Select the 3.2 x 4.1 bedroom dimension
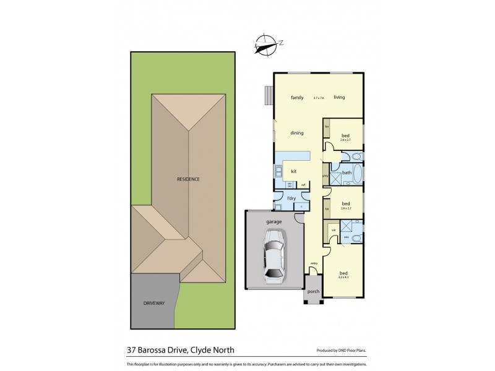343,278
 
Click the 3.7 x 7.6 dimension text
319,98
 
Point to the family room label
297,97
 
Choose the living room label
339,97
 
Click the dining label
298,132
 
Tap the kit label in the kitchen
294,171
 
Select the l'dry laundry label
291,198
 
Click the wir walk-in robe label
333,231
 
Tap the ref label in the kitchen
303,184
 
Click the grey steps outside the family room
267,96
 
